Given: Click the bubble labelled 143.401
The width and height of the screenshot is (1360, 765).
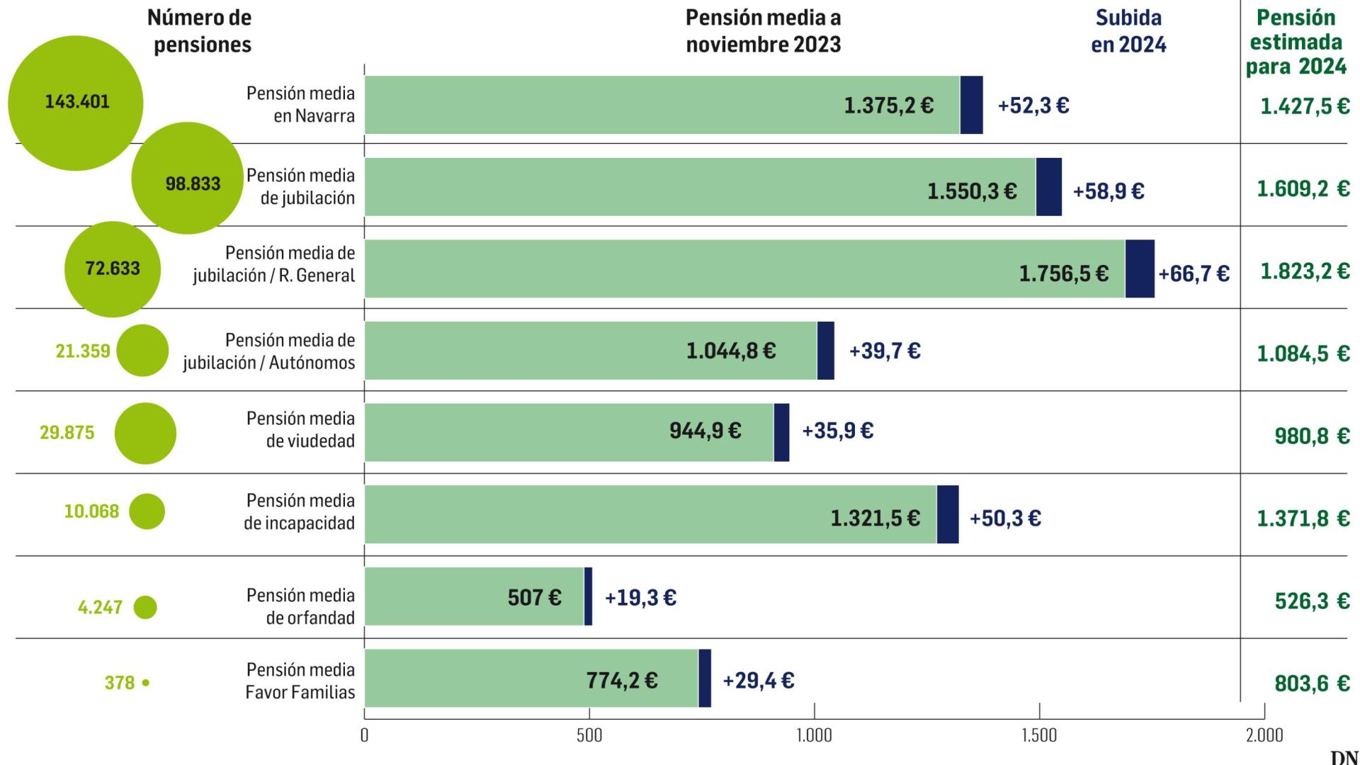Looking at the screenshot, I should (75, 103).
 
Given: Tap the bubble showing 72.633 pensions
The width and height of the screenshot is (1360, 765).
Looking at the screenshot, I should (112, 269).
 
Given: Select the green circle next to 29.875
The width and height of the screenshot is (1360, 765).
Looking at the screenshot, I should (145, 433).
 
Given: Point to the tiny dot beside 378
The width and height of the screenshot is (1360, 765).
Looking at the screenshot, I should (146, 683).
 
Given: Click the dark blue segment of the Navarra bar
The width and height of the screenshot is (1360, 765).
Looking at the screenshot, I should (971, 105).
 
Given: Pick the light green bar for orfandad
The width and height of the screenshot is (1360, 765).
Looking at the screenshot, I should (474, 596).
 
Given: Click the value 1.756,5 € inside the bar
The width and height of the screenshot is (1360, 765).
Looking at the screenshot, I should (1063, 273).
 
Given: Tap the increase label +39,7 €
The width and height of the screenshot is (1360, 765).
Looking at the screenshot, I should (885, 351).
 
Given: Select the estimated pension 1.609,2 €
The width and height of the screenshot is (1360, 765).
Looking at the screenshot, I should (1303, 188).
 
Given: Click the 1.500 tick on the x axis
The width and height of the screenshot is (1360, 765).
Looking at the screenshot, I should (1039, 735).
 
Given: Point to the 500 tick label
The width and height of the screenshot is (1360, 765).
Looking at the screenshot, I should (589, 735).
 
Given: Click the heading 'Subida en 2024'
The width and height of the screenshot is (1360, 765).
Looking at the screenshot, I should (1128, 31).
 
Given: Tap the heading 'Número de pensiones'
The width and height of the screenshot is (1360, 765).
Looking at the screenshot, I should (201, 31).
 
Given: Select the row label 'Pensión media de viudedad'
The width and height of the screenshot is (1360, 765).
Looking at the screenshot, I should (300, 429).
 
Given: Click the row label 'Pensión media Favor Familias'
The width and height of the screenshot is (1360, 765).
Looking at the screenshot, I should (300, 681).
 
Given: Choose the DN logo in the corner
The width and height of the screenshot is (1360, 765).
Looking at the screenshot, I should (1344, 757).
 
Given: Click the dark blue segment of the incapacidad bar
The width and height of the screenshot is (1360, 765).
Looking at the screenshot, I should (948, 514).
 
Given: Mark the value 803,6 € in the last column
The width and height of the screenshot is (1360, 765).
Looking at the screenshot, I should (1312, 684).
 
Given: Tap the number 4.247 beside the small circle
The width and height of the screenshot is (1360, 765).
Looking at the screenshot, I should (100, 608).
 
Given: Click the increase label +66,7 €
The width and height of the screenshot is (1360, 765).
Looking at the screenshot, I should (1194, 273).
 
